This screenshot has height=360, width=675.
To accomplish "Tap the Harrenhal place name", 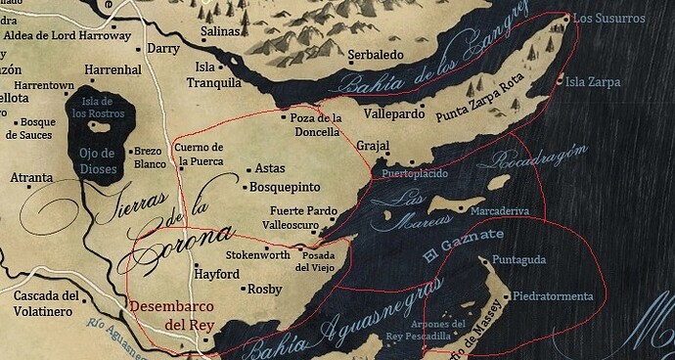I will [113, 70].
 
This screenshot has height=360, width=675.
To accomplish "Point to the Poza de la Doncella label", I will [316, 125].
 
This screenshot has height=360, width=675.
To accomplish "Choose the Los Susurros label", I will [608, 19].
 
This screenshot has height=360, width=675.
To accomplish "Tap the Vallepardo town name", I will [384, 113].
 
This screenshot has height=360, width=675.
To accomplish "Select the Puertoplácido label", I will [415, 173].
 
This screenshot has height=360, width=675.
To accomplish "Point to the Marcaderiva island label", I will [500, 210].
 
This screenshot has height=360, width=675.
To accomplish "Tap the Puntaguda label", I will [518, 259].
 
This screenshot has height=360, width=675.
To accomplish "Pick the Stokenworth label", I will [257, 255].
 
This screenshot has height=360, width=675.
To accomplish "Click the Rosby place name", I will [265, 289].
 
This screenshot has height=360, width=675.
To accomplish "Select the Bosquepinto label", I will [286, 186].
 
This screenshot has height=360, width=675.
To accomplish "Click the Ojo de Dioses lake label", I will [96, 161].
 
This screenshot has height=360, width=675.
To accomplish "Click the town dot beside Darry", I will [137, 48].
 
